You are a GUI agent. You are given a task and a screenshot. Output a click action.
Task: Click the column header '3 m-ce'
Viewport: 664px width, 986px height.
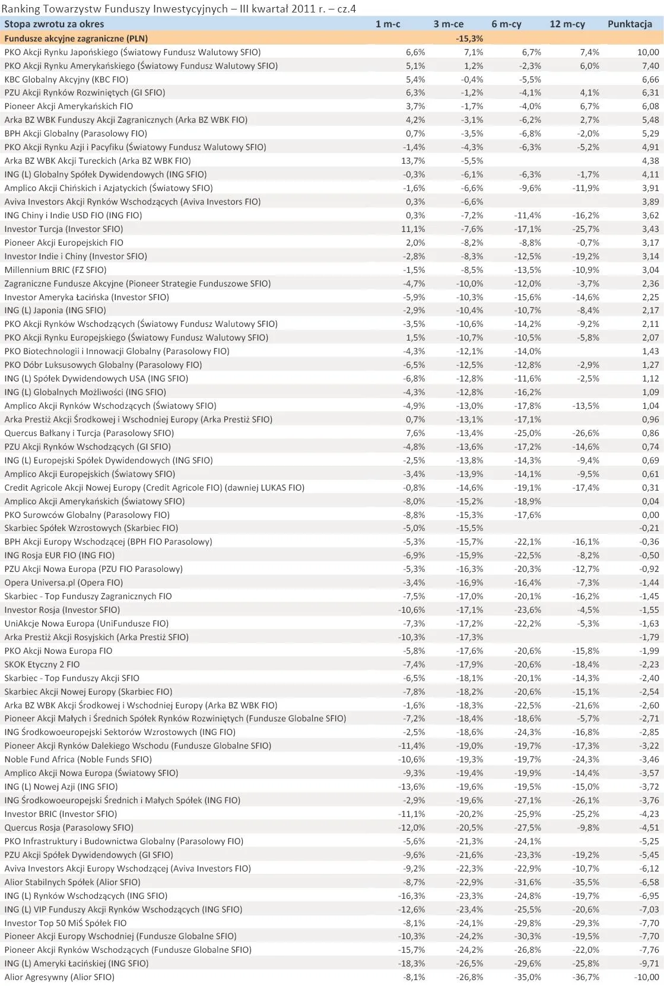[x=448, y=24]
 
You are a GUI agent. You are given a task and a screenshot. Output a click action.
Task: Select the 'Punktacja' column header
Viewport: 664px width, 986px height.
[x=629, y=24]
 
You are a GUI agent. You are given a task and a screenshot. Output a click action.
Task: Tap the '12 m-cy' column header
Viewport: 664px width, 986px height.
[x=567, y=24]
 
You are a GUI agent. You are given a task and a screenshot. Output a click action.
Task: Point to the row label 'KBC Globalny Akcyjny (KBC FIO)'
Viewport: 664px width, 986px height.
[x=66, y=79]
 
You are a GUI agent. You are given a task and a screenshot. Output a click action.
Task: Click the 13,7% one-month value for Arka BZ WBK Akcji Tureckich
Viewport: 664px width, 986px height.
[x=413, y=161]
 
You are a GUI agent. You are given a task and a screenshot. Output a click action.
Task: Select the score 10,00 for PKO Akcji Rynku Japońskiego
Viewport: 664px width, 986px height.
[x=647, y=52]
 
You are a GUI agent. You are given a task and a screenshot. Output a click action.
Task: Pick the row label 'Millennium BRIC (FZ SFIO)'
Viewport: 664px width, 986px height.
[x=56, y=270]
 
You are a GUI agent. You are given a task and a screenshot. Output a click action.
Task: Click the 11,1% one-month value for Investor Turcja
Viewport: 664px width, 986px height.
[x=413, y=229]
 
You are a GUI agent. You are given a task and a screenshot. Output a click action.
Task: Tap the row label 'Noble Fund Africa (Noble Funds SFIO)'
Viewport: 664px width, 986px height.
[x=78, y=759]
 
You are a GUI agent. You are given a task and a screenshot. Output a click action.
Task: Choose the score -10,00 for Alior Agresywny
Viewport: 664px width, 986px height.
[x=645, y=977]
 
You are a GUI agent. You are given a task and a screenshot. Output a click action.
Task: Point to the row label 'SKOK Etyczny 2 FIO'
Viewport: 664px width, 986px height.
[x=42, y=664]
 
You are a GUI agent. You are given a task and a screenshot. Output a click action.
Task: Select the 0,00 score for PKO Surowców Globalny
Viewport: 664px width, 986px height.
[x=650, y=515]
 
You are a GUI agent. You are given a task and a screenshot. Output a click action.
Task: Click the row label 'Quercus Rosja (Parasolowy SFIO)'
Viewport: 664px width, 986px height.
[x=69, y=828]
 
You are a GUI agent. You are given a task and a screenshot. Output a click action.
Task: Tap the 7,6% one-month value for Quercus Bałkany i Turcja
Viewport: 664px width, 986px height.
[x=415, y=433]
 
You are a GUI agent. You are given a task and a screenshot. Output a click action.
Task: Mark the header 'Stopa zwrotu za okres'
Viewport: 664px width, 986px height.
[x=54, y=24]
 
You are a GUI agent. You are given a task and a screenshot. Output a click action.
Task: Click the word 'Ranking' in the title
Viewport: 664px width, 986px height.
[x=21, y=8]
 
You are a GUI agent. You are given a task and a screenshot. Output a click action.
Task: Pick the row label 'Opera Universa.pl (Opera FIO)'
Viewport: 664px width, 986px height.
[x=64, y=583]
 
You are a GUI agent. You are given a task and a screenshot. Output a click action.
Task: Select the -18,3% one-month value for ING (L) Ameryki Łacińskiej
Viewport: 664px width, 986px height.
[x=411, y=963]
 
